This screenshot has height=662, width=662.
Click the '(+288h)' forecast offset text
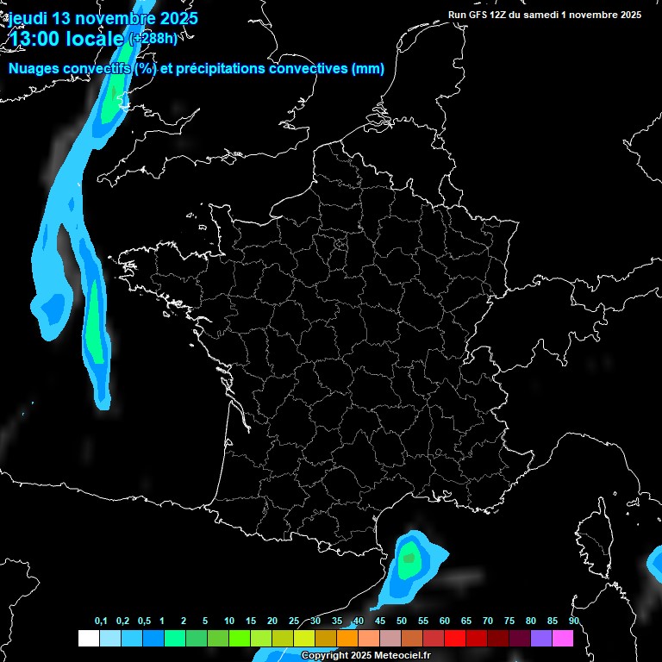(x=153, y=38)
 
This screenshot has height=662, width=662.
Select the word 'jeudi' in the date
(x=28, y=17)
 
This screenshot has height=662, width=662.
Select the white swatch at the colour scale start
(x=88, y=639)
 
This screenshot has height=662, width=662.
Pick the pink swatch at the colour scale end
(x=563, y=639)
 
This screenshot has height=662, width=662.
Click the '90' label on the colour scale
(x=573, y=621)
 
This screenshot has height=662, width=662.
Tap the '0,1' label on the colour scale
(x=101, y=621)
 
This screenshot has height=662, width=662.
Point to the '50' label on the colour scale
(x=402, y=621)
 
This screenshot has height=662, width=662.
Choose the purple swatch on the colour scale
(x=541, y=639)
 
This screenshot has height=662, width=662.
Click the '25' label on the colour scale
(x=294, y=621)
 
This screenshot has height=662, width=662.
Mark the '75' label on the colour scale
(x=509, y=621)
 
